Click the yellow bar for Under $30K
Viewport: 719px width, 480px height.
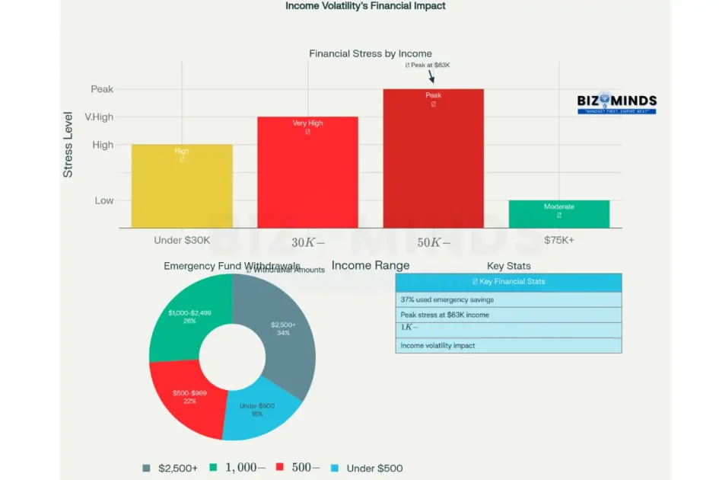click(x=182, y=186)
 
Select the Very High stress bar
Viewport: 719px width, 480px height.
click(x=307, y=172)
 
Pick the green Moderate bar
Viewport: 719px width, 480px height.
click(x=558, y=214)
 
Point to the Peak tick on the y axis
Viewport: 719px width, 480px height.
click(x=102, y=89)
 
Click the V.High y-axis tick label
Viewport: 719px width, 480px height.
click(x=99, y=117)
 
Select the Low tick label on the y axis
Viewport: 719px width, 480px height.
click(x=104, y=200)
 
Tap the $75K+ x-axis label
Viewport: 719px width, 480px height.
click(x=559, y=240)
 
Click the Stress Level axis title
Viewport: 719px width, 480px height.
click(x=68, y=145)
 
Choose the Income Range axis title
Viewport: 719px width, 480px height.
click(x=371, y=266)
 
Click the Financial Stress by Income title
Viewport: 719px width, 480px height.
click(x=371, y=54)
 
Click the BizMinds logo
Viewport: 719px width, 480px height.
click(x=616, y=104)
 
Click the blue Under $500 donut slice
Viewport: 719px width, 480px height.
click(x=256, y=411)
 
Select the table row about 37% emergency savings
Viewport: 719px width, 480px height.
click(x=508, y=300)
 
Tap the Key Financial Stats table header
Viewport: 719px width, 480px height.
click(x=508, y=282)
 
